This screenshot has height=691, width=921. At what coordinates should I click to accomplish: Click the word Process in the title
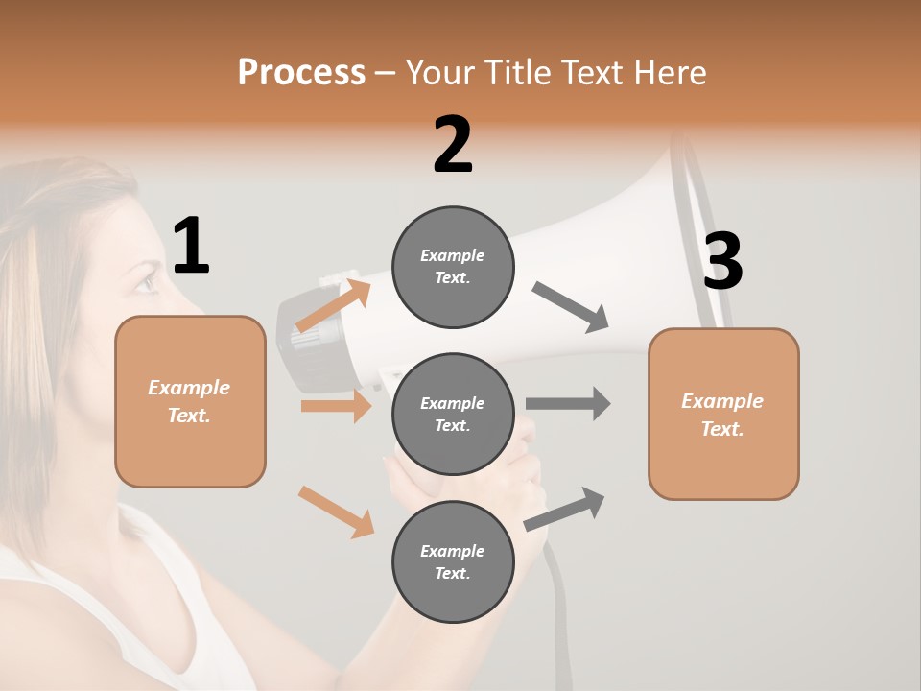pyautogui.click(x=301, y=73)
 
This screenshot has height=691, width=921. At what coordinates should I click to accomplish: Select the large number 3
pyautogui.click(x=722, y=261)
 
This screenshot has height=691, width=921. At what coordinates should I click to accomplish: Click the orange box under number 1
pyautogui.click(x=190, y=401)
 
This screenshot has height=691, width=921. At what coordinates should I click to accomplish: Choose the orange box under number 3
pyautogui.click(x=723, y=415)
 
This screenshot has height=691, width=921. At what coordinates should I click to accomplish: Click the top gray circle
pyautogui.click(x=453, y=267)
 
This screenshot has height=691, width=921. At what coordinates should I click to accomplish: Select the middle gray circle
pyautogui.click(x=453, y=415)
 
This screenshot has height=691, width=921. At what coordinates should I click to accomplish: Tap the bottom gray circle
pyautogui.click(x=453, y=562)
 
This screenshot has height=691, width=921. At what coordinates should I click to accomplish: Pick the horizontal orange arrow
pyautogui.click(x=336, y=406)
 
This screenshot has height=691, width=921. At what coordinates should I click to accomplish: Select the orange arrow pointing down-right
pyautogui.click(x=336, y=512)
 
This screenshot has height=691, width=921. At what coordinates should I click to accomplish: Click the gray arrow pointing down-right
pyautogui.click(x=571, y=307)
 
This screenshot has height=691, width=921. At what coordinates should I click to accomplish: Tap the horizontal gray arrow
pyautogui.click(x=568, y=404)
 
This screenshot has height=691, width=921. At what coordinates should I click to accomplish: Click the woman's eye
pyautogui.click(x=144, y=281)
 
